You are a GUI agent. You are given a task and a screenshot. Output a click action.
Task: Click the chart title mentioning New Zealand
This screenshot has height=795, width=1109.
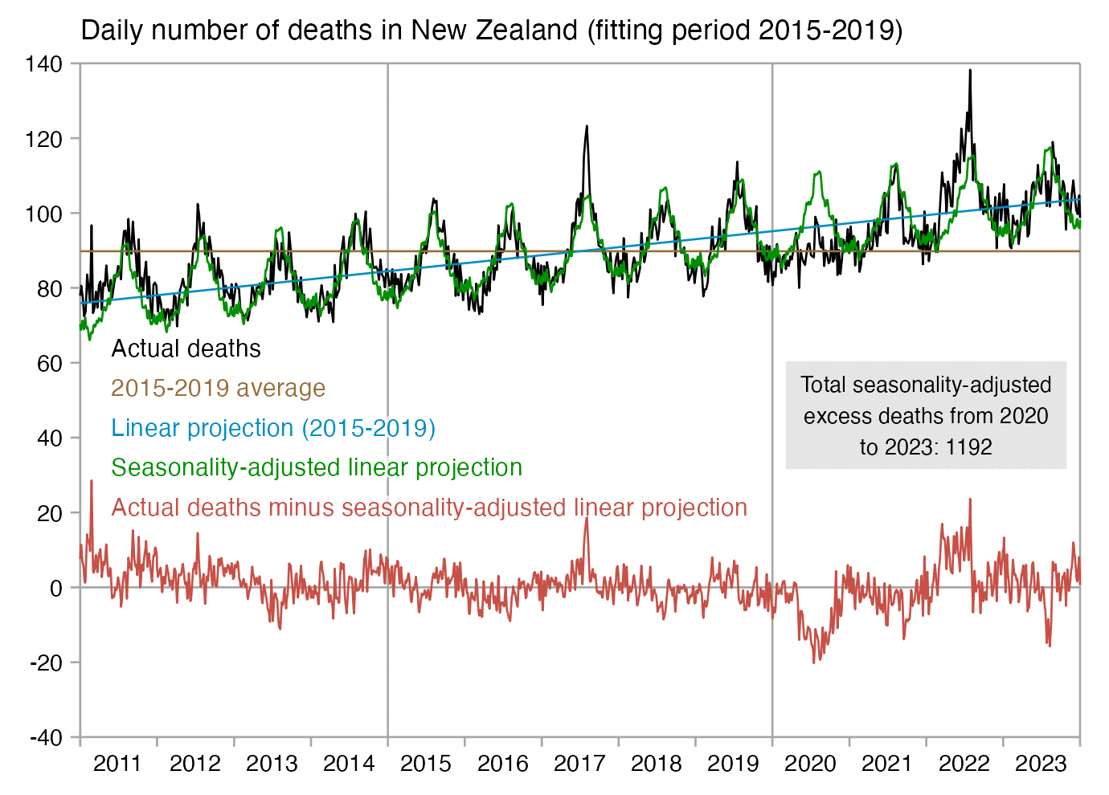pyautogui.click(x=492, y=31)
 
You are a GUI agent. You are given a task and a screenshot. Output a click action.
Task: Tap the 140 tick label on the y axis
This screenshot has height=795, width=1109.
pyautogui.click(x=43, y=64)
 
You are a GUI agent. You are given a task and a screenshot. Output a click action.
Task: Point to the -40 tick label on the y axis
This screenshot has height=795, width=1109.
pyautogui.click(x=45, y=738)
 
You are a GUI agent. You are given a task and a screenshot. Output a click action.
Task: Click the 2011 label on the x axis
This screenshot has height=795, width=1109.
pyautogui.click(x=117, y=763)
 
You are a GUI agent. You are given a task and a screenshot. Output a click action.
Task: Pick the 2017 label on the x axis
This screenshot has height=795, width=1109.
pyautogui.click(x=579, y=763)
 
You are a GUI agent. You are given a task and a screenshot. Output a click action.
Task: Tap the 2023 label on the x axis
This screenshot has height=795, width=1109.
pyautogui.click(x=1041, y=763)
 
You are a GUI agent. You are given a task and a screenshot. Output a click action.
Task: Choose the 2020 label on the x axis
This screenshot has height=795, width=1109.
pyautogui.click(x=810, y=763)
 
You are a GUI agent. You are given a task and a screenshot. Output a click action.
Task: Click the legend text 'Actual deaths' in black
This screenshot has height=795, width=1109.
pyautogui.click(x=186, y=349)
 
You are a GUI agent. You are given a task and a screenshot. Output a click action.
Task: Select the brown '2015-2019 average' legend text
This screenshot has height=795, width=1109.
pyautogui.click(x=218, y=388)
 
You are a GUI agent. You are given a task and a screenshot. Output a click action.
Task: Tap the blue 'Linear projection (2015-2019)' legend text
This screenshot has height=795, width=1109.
pyautogui.click(x=273, y=428)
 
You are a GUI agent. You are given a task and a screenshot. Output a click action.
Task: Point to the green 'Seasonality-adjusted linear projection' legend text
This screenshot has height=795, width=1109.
pyautogui.click(x=317, y=467)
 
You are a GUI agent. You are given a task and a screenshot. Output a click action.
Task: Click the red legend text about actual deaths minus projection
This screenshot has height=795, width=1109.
pyautogui.click(x=429, y=508)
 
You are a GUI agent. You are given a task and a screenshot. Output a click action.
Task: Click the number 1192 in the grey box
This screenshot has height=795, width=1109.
pyautogui.click(x=969, y=447)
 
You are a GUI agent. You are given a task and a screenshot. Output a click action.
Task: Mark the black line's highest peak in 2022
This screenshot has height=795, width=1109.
pyautogui.click(x=970, y=71)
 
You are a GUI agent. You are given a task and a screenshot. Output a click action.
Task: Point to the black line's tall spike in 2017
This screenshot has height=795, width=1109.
pyautogui.click(x=587, y=127)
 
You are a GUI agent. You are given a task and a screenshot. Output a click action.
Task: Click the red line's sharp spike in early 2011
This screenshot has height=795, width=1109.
pyautogui.click(x=92, y=481)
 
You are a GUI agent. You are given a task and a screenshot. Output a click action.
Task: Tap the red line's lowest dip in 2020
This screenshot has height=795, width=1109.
pyautogui.click(x=814, y=662)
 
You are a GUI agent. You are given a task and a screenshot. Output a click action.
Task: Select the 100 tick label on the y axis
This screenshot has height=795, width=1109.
pyautogui.click(x=43, y=214)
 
